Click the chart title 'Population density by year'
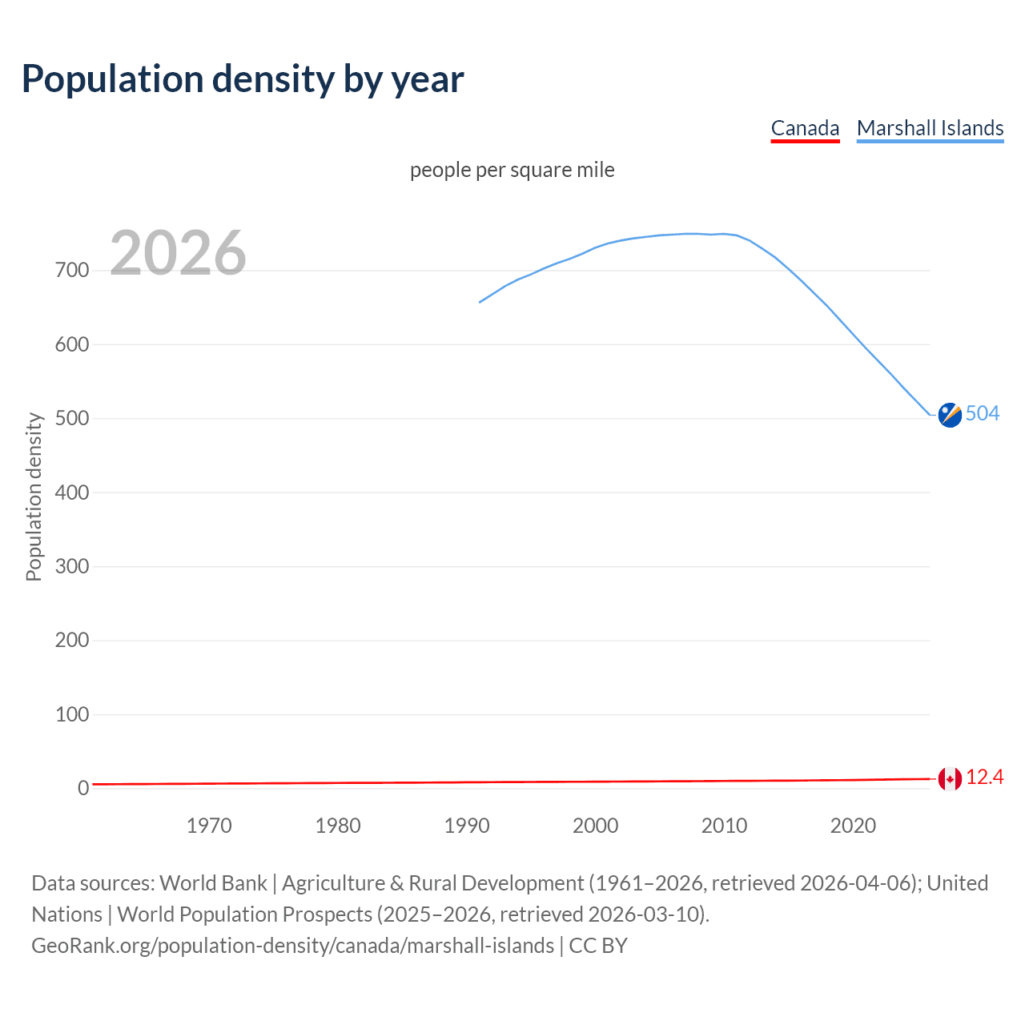(x=243, y=79)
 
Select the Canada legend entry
(x=805, y=128)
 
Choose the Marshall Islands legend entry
(x=930, y=128)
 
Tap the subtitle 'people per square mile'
(x=512, y=170)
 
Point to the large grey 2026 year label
(x=178, y=253)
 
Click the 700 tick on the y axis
(x=72, y=271)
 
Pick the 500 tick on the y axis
(x=72, y=419)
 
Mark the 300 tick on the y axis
(x=72, y=567)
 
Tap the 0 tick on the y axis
(x=83, y=789)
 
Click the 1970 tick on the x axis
(x=209, y=826)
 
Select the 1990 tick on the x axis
(x=467, y=826)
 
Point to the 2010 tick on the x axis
(x=724, y=826)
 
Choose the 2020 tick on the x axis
(x=853, y=826)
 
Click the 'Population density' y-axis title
(x=34, y=496)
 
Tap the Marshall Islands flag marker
(x=950, y=415)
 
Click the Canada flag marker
(x=950, y=778)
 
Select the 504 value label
(x=983, y=413)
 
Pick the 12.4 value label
(x=985, y=778)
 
